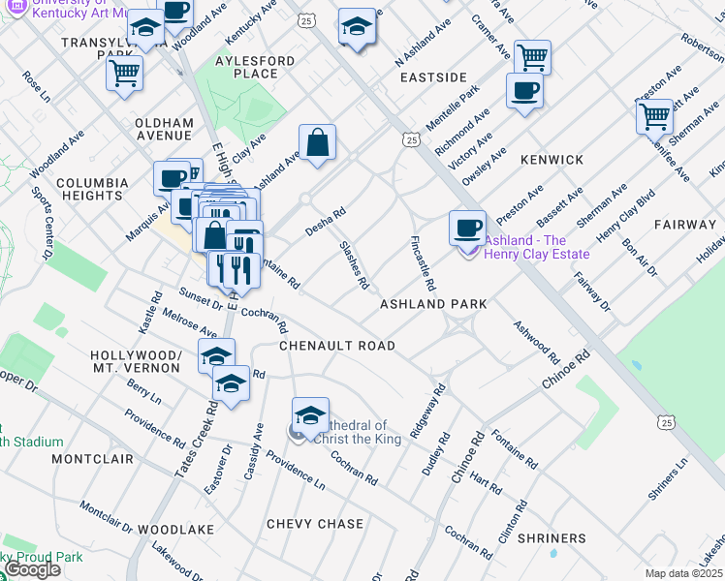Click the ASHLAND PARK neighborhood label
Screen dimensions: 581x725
click(x=432, y=304)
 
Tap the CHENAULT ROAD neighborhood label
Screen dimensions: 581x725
click(x=336, y=346)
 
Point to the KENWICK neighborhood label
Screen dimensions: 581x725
click(x=552, y=160)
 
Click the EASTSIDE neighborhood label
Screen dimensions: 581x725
click(x=433, y=77)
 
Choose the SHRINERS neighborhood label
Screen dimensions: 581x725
click(x=552, y=538)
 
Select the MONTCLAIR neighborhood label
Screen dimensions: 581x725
click(x=84, y=457)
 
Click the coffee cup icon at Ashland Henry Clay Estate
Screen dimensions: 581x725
click(x=467, y=229)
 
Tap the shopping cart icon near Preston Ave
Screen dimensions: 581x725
click(x=655, y=117)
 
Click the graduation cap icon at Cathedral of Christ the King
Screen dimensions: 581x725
click(x=310, y=416)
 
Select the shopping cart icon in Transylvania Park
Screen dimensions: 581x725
click(x=126, y=72)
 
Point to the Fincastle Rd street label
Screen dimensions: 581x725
click(x=424, y=264)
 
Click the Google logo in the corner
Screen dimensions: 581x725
click(x=32, y=569)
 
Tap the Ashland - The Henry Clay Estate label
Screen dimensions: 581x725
click(x=537, y=248)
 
